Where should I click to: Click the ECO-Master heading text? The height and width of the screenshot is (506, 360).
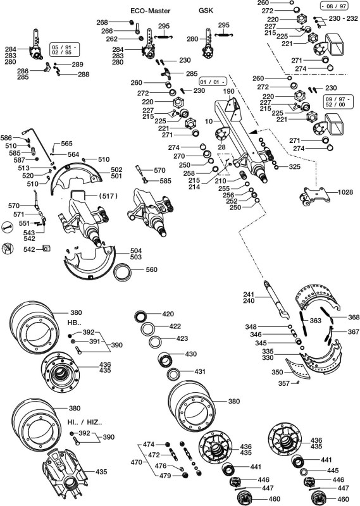point(150,11)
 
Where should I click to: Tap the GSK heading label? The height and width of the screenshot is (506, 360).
point(206,10)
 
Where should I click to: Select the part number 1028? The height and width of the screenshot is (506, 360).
point(346,192)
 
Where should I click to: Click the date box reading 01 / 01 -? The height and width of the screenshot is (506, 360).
point(213,82)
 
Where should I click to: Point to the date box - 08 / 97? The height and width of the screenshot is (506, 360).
point(334,6)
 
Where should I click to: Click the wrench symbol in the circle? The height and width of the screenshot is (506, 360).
point(7,227)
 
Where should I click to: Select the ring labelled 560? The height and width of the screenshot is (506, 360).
point(123,272)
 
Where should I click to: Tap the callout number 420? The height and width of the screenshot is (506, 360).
point(168,314)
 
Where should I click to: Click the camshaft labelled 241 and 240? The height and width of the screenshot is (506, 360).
point(275,299)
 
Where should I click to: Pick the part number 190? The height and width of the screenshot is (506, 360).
point(228,91)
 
